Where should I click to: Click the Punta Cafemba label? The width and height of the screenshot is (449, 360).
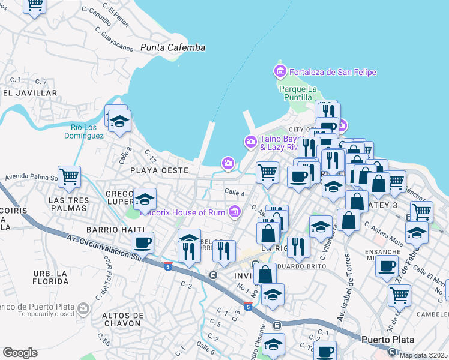173,47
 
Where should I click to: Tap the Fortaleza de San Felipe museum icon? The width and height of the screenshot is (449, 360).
280,72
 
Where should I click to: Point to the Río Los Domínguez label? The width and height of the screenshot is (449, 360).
84,131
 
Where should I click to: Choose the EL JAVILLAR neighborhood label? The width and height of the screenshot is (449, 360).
29,94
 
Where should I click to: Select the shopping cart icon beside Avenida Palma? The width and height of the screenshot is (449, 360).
70,176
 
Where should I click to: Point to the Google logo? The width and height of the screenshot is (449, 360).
20,353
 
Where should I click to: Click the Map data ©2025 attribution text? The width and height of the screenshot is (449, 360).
423,355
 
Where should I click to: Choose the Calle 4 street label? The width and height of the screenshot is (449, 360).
234,193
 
